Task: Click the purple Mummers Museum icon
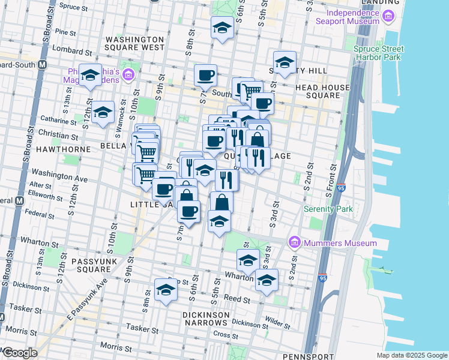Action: (x=294, y=243)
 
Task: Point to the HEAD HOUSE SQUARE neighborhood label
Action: (x=322, y=91)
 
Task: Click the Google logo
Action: (x=19, y=353)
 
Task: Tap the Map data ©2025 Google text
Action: (x=411, y=355)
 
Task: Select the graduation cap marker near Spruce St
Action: (x=222, y=28)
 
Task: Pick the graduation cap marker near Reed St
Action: (x=166, y=290)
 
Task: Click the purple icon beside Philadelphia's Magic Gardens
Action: (x=128, y=74)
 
